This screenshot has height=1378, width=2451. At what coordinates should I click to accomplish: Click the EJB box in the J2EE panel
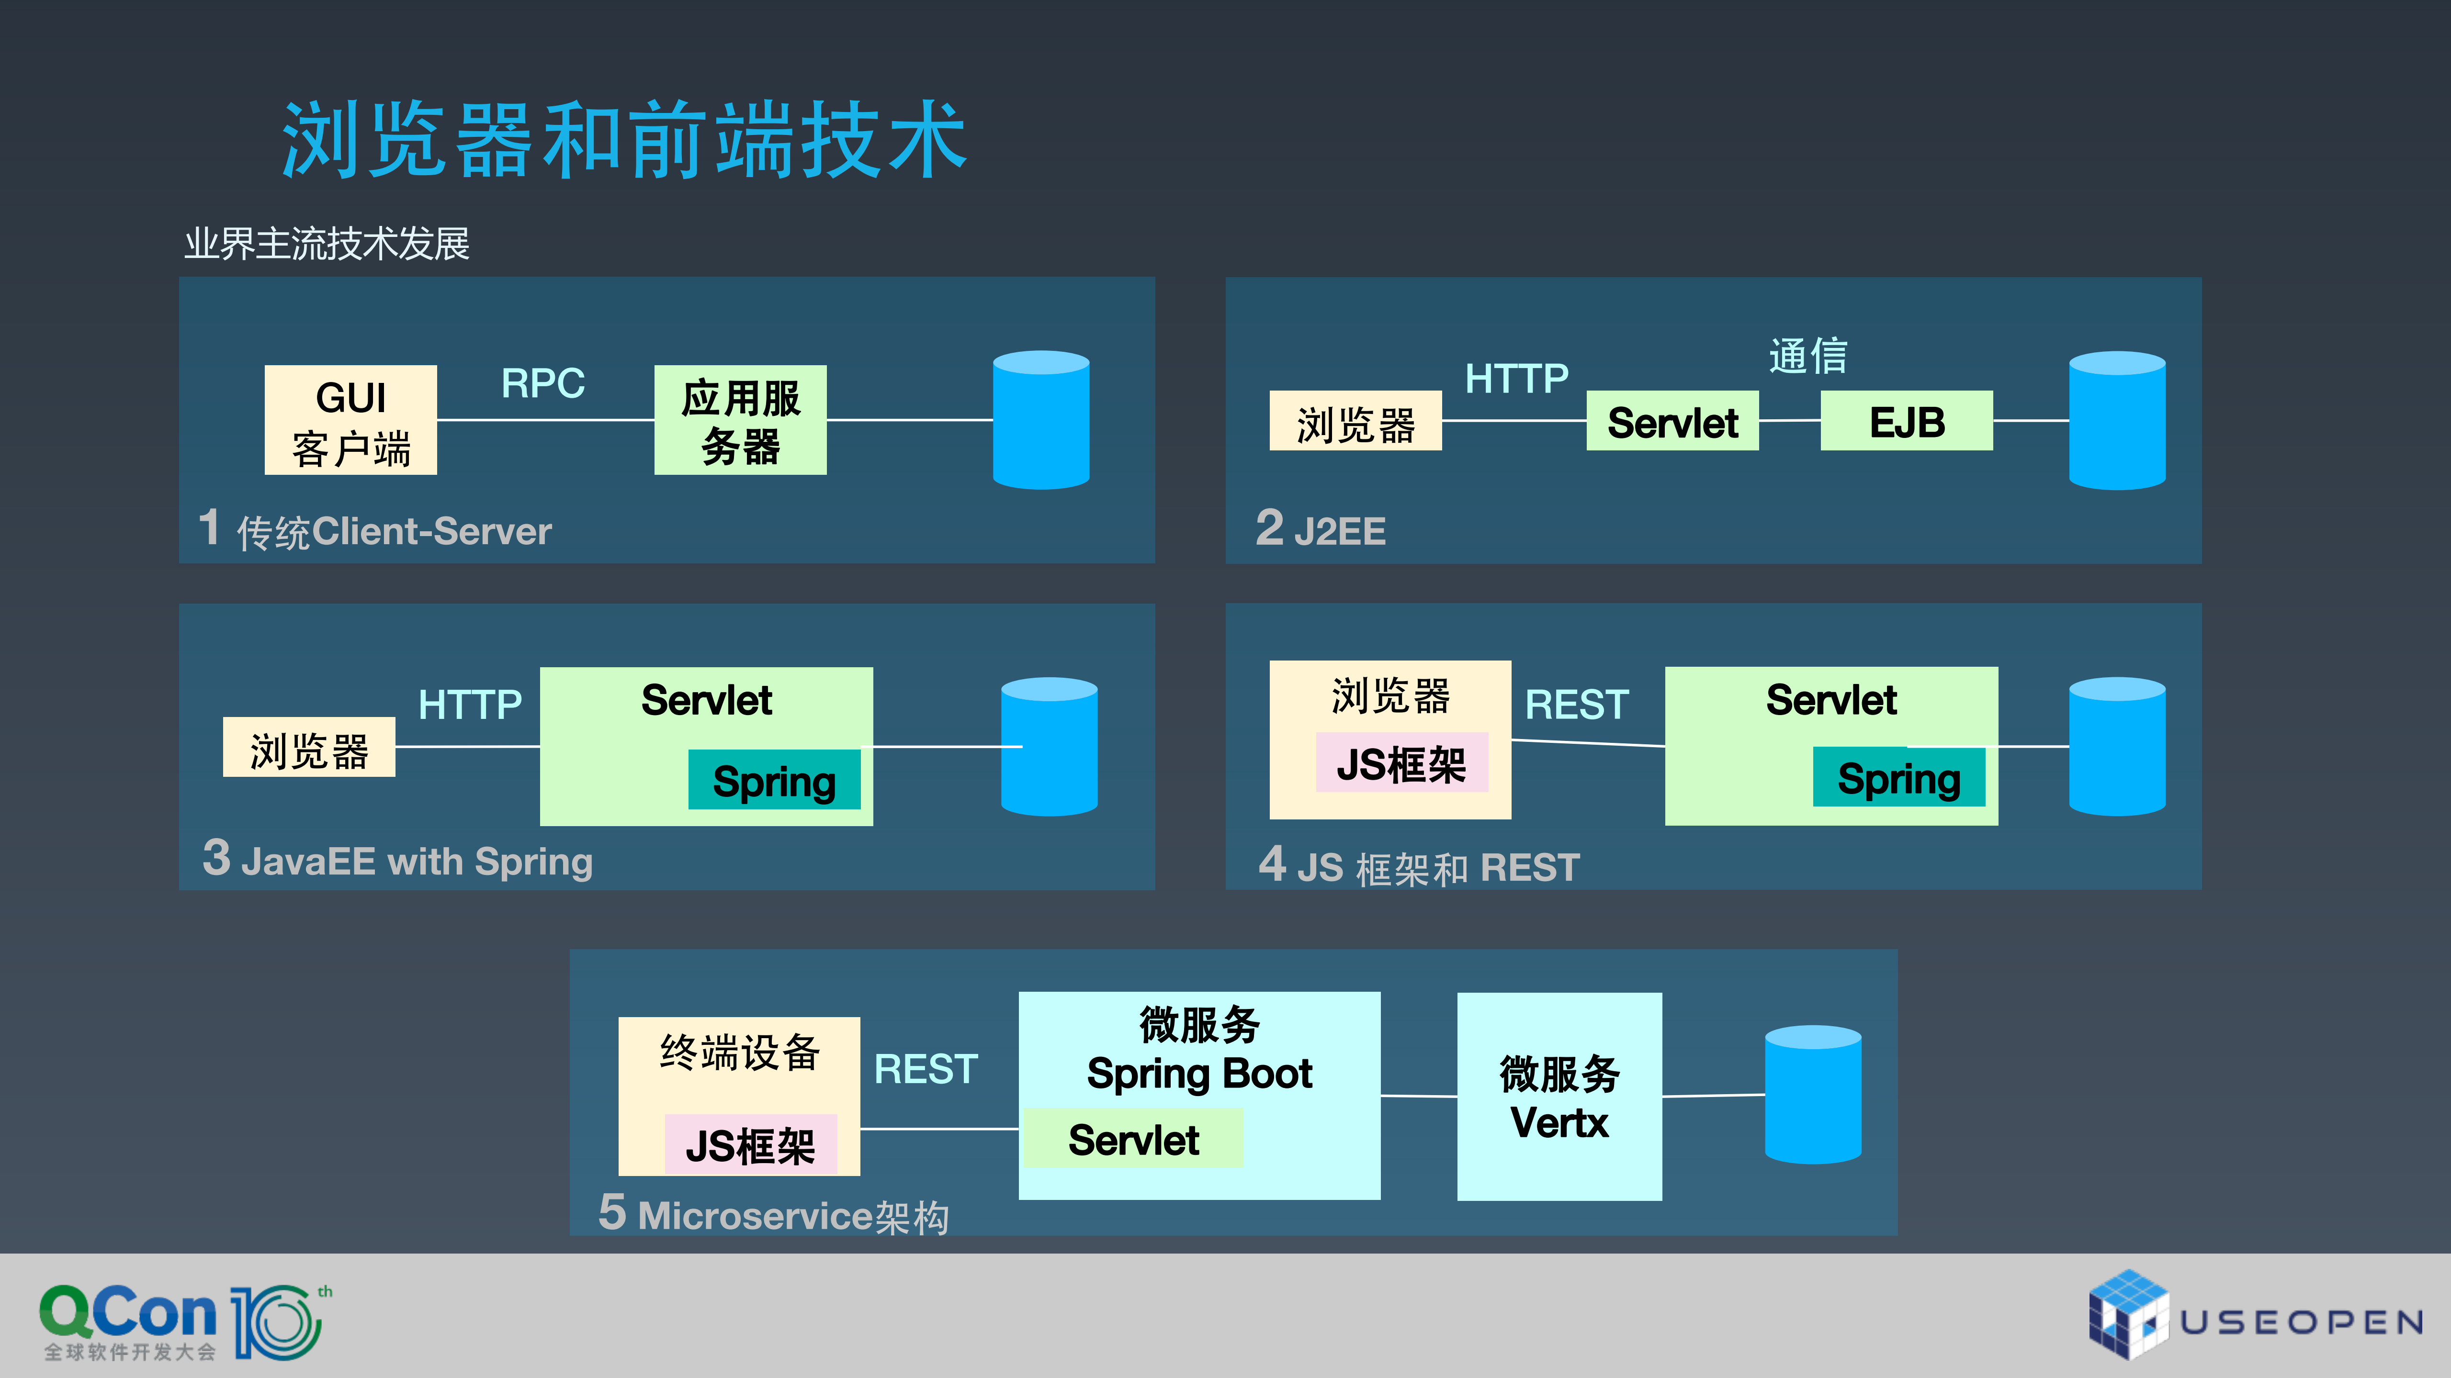[1906, 420]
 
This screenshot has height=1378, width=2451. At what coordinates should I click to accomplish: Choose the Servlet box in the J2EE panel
[1672, 420]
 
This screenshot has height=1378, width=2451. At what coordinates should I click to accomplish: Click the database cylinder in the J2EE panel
[2116, 420]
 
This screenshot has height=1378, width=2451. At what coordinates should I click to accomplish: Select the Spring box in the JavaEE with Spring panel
[774, 780]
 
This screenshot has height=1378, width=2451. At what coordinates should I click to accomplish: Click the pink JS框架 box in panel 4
[1401, 762]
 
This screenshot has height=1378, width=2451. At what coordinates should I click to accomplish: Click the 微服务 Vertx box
[1559, 1097]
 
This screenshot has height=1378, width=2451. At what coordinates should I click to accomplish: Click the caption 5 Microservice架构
[773, 1214]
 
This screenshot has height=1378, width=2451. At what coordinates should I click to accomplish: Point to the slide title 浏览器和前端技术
[624, 141]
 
